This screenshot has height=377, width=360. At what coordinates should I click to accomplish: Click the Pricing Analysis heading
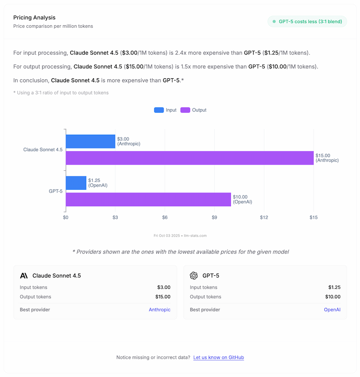34,18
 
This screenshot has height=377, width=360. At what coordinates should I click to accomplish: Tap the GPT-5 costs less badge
307,21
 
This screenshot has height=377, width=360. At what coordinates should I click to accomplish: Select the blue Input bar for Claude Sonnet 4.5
90,141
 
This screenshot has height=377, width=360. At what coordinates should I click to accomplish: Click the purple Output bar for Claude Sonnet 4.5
190,158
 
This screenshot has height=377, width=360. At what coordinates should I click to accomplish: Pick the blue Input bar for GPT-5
76,183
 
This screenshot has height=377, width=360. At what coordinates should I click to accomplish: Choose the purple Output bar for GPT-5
148,199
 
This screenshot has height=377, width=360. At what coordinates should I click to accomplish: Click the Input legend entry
165,110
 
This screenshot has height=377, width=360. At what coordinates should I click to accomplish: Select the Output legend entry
193,110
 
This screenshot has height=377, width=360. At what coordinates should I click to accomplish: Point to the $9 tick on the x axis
214,217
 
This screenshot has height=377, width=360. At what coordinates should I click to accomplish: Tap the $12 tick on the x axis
264,217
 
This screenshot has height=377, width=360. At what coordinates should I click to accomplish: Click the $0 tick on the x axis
66,217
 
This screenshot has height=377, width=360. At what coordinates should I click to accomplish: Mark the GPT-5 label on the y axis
55,191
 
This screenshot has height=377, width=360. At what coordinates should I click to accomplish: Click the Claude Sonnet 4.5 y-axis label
43,150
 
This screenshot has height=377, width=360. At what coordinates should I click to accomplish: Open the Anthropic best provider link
160,310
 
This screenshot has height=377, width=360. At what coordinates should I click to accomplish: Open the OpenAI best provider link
332,310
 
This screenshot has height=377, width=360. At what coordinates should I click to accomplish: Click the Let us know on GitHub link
219,357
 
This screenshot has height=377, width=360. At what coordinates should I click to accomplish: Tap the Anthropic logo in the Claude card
24,276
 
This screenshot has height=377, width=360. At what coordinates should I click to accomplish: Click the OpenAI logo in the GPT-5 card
194,276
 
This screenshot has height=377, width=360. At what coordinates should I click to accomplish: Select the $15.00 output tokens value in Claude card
163,297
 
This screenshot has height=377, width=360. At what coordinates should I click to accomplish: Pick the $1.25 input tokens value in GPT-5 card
334,287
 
